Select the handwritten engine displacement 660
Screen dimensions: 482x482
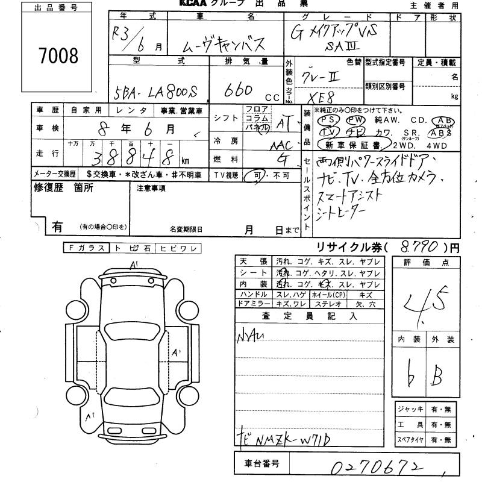240,90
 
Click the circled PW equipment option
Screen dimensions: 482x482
355,120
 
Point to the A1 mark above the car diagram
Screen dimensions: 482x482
134,264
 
